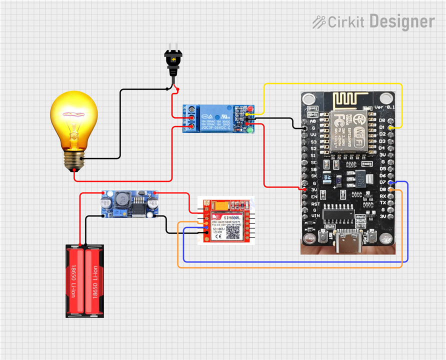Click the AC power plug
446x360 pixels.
point(173,62)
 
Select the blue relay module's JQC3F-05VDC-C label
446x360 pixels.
point(215,128)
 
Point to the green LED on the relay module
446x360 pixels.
point(249,130)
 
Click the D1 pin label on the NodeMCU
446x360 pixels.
point(382,128)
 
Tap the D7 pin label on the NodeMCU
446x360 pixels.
point(382,182)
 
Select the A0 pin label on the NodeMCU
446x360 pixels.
point(313,121)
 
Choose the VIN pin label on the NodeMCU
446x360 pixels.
point(314,216)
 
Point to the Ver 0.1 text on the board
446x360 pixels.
point(384,107)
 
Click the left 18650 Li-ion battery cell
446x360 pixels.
point(75,281)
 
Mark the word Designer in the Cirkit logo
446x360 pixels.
point(402,21)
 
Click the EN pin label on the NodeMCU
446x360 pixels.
point(314,197)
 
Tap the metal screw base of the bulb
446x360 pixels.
point(73,161)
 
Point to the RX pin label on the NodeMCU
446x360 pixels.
point(382,196)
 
